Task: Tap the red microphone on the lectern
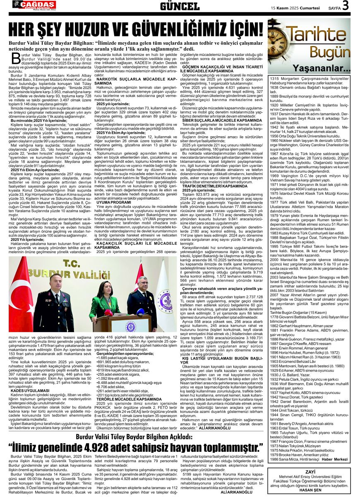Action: coord(108,312)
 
